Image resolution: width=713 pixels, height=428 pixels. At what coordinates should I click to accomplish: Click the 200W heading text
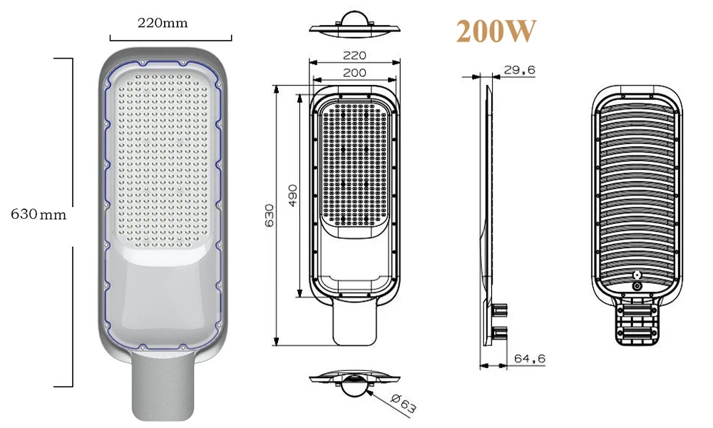496,32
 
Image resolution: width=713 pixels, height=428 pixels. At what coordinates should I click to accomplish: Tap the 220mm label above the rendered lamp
163,23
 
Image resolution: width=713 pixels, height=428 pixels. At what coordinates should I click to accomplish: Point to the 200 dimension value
354,72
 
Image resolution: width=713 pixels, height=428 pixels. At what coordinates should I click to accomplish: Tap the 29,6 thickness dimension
519,69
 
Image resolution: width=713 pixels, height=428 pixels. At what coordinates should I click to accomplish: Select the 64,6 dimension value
529,359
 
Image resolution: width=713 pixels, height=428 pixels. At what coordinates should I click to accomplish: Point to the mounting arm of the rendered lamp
162,389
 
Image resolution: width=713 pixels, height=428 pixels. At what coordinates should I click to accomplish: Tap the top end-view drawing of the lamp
354,25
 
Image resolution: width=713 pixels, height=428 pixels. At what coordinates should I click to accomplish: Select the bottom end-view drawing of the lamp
354,383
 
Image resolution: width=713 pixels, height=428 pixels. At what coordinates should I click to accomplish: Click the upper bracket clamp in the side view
500,310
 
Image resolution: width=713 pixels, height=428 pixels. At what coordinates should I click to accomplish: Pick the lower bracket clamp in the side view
500,331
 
